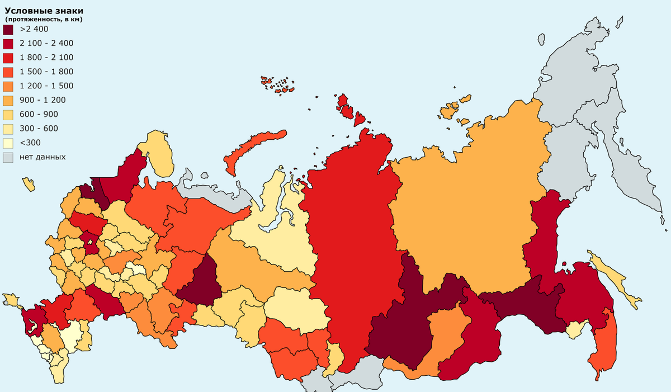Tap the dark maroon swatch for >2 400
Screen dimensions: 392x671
8,29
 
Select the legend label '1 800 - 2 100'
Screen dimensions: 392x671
46,58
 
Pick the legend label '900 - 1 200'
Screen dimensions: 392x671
42,100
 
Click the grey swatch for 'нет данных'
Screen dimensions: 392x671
8,157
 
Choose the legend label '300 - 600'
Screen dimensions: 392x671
39,128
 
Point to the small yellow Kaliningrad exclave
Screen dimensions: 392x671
29,184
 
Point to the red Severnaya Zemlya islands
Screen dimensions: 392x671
350,110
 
